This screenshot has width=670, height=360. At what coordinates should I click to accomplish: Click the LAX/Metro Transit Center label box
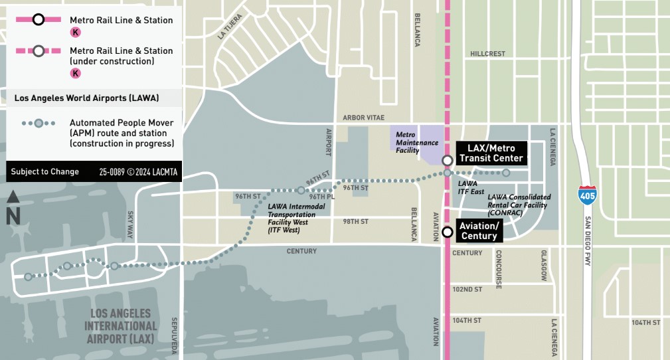[491, 153]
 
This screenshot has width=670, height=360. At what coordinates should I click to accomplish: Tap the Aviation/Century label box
[478, 231]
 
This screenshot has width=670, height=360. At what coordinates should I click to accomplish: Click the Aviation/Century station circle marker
[448, 232]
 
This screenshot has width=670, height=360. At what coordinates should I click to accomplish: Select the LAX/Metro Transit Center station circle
[448, 160]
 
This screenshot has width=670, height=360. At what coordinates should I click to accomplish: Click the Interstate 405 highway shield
[586, 194]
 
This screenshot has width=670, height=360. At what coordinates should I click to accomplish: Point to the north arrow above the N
[13, 198]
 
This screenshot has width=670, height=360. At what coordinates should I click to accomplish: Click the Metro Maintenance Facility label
[417, 142]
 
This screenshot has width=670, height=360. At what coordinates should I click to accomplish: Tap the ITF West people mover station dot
[301, 191]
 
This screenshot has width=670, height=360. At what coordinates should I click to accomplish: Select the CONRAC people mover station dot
[506, 173]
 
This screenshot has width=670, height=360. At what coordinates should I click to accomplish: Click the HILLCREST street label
[487, 54]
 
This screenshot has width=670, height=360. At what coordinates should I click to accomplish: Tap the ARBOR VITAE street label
[363, 118]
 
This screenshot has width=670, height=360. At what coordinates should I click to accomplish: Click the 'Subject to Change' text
[45, 172]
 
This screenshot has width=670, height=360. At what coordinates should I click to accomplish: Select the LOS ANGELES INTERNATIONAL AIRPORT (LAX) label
[120, 325]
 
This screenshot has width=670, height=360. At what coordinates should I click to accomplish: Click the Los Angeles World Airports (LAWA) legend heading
[86, 98]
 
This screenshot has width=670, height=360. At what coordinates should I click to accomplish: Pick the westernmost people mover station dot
[28, 277]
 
